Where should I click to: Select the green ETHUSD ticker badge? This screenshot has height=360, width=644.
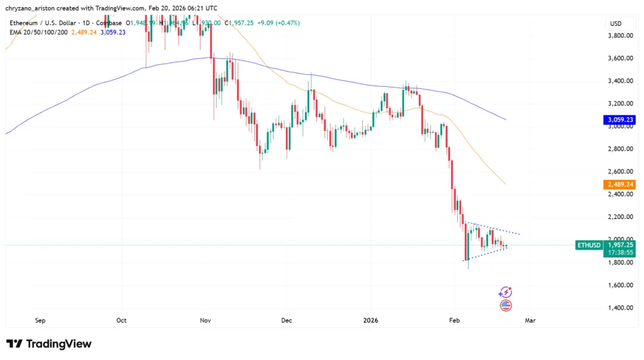pos(589,244)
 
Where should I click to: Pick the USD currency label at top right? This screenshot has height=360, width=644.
pos(615,23)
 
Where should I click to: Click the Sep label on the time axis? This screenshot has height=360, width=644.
pos(40,320)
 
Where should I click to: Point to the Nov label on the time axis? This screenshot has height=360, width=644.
pos(205,320)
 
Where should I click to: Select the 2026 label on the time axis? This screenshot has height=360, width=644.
pos(370,320)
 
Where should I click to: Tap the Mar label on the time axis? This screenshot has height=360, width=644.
pos(530,320)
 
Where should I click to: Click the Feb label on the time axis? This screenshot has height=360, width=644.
pos(455,320)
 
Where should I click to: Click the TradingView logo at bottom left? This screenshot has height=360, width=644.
pos(49,344)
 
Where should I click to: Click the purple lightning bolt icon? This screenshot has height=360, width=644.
pos(505,292)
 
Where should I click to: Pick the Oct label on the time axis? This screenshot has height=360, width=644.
pos(121,320)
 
